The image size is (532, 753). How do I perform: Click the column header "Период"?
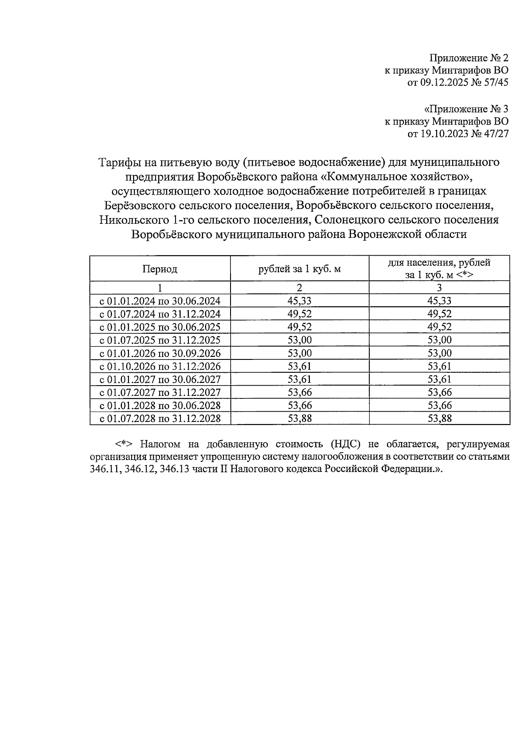(x=160, y=269)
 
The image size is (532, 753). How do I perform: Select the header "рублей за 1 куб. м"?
(x=299, y=269)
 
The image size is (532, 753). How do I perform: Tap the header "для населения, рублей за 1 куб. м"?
(x=439, y=269)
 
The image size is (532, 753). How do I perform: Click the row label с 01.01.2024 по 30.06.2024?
(x=160, y=301)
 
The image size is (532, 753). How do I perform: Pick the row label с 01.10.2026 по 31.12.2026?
(x=160, y=367)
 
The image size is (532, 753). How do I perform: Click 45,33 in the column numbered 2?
(x=299, y=301)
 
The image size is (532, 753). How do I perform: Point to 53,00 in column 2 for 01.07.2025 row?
(x=299, y=340)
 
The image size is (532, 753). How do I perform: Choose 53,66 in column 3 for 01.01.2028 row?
(x=439, y=406)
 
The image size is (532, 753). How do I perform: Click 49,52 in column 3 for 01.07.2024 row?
(x=439, y=314)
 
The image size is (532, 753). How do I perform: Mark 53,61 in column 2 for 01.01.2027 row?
(x=299, y=379)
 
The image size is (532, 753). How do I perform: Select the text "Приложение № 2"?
(x=469, y=58)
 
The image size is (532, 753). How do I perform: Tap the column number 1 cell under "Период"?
(x=160, y=288)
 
